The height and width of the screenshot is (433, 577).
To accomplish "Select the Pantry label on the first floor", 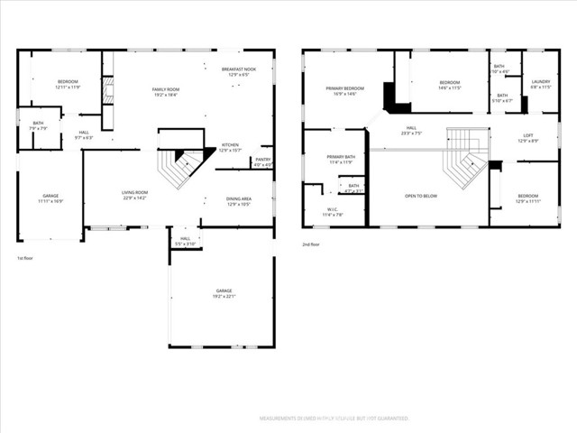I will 262,161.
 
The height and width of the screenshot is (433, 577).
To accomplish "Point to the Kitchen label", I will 230,147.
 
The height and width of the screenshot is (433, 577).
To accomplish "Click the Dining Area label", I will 239,201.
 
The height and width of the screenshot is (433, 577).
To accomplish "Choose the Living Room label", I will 134,195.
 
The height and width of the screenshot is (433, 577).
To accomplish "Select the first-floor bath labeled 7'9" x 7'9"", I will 38,125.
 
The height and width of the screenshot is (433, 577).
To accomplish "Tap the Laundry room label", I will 540,83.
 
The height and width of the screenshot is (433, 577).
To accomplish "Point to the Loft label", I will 527,137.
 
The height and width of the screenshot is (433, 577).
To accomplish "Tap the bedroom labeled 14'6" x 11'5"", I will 449,85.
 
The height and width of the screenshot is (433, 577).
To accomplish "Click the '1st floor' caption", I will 25,259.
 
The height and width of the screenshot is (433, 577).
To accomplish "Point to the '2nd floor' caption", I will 312,244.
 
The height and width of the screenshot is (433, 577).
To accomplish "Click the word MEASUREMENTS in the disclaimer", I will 279,419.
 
